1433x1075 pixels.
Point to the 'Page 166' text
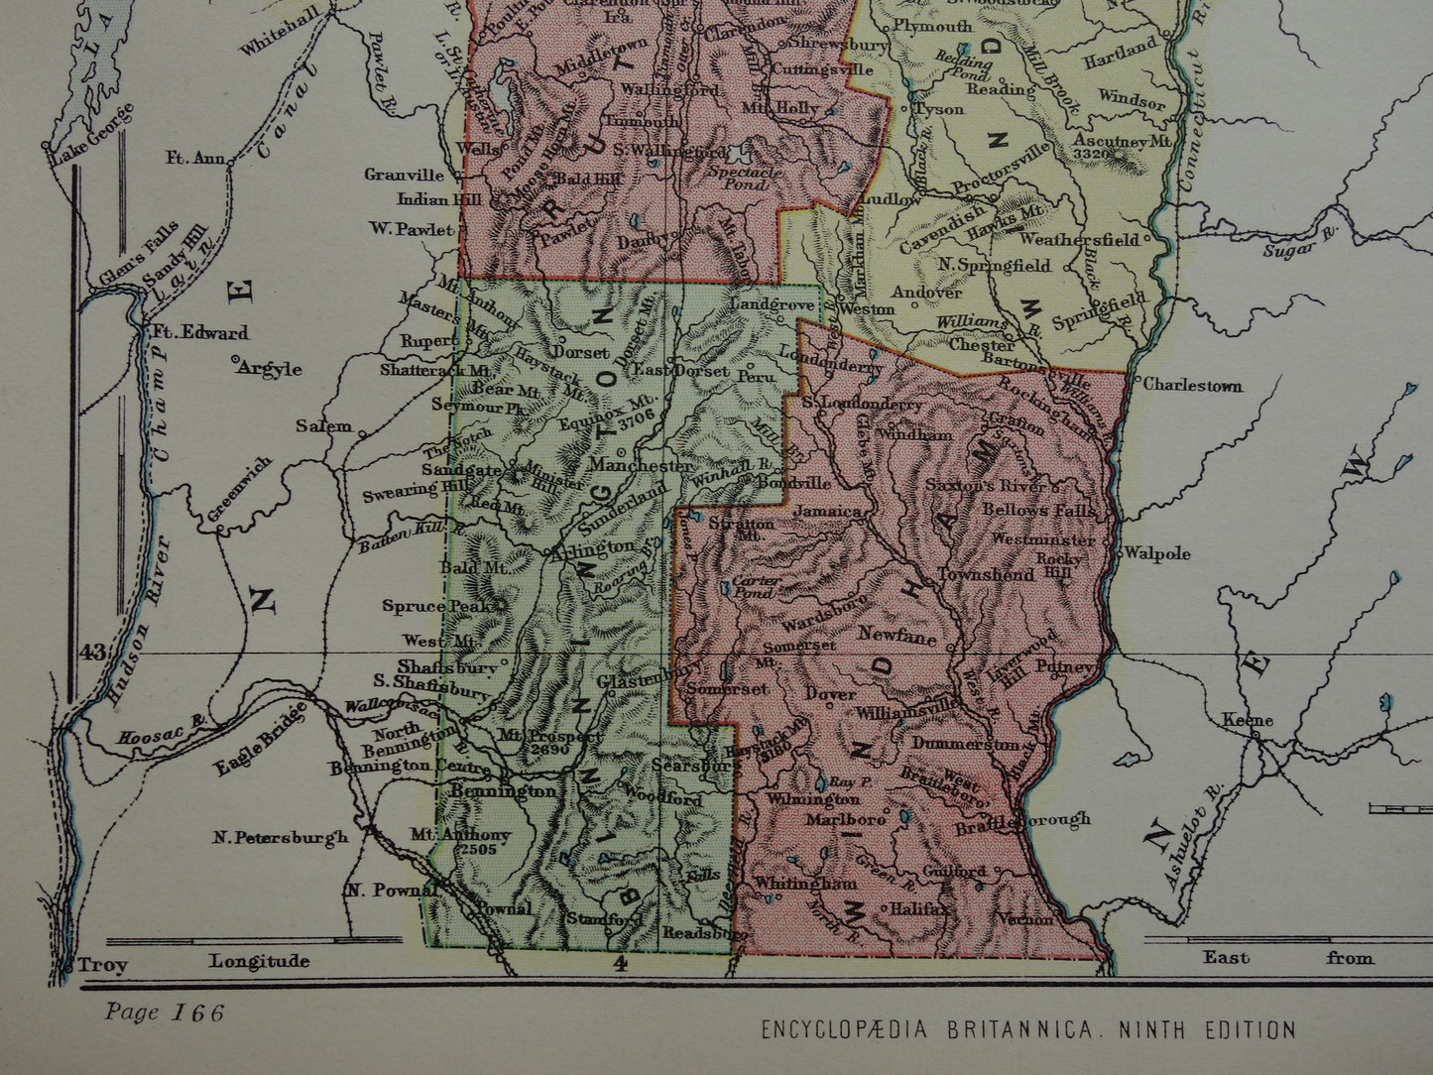(164, 1013)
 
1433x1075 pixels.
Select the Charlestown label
(1191, 386)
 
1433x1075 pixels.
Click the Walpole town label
(1164, 554)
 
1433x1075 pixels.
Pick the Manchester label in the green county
(641, 465)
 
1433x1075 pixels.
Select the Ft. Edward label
(199, 333)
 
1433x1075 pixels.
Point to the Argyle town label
(269, 368)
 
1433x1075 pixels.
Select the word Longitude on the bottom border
(259, 960)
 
